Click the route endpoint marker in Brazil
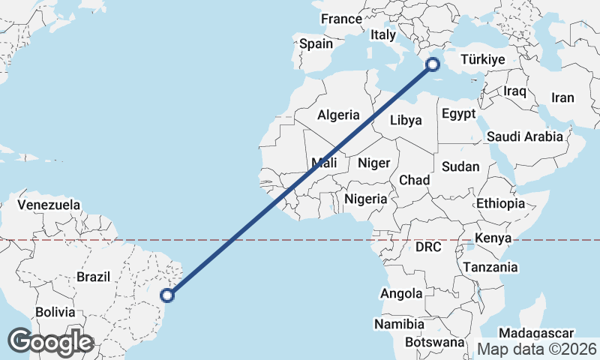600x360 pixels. (168, 295)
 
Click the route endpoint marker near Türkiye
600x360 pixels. (433, 64)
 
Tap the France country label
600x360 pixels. (341, 19)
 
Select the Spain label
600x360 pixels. (316, 43)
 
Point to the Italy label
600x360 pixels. (382, 34)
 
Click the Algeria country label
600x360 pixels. (339, 115)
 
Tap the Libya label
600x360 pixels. (406, 120)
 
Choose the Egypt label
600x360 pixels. (458, 114)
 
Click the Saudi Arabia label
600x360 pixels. (524, 136)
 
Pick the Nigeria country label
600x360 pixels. (366, 199)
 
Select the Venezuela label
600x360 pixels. (49, 204)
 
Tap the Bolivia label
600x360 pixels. (55, 311)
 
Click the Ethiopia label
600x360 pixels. (500, 203)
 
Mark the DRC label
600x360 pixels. (428, 247)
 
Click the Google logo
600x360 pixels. (50, 341)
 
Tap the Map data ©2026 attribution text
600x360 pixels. (536, 349)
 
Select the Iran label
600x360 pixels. (562, 97)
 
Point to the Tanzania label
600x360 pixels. (490, 267)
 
